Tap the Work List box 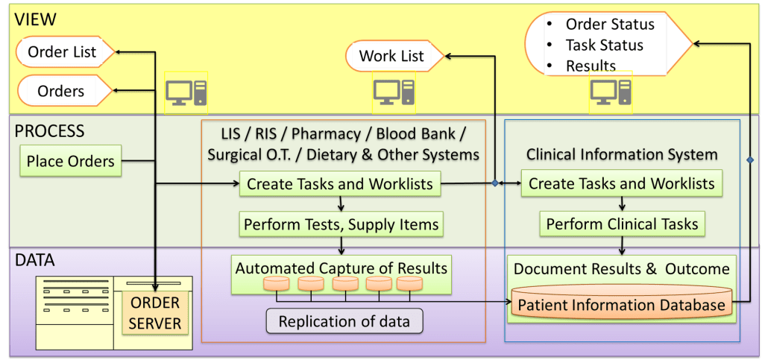coord(392,56)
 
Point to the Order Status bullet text coord(609,24)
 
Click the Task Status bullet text coord(604,45)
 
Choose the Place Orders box coord(70,161)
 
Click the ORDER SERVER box coord(154,314)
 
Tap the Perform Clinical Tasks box coord(622,224)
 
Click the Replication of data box coord(344,322)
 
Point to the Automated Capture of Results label coord(341,267)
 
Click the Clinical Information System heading coord(622,154)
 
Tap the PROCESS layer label coord(50,131)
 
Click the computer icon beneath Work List coord(394,93)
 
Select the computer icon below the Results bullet coord(611,93)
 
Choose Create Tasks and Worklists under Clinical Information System coord(622,183)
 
